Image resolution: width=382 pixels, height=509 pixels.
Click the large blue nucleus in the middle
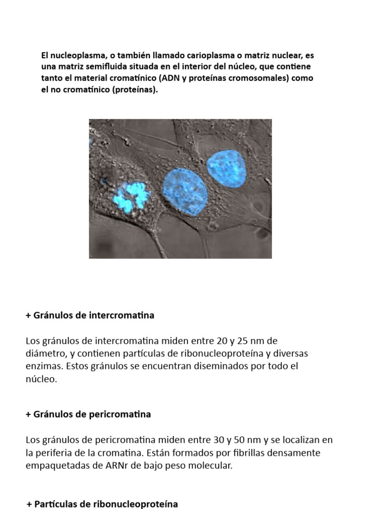click(185, 191)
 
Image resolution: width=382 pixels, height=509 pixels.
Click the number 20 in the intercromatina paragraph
click(222, 341)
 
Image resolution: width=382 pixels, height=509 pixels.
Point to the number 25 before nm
click(247, 341)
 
